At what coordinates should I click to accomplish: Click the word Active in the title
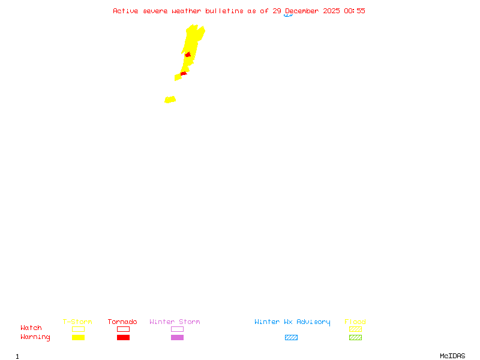tap(125, 11)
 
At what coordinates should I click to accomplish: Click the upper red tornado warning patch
tap(188, 55)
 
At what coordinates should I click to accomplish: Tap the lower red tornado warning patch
tap(184, 74)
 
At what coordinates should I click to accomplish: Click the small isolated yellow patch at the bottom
tap(170, 100)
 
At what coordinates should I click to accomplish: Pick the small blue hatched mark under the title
tap(289, 16)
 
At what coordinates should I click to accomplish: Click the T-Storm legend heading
tap(77, 322)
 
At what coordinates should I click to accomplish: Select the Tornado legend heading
tap(122, 322)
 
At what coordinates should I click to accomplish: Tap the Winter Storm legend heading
tap(175, 322)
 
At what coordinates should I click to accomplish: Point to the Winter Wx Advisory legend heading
tap(292, 322)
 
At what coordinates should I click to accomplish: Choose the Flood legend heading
tap(355, 322)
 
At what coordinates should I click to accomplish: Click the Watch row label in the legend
tap(31, 328)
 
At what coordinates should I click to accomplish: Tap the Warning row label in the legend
tap(35, 337)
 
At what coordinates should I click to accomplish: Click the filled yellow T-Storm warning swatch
tap(78, 338)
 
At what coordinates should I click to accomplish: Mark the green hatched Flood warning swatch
tap(355, 338)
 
